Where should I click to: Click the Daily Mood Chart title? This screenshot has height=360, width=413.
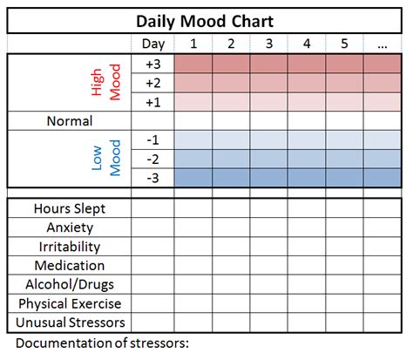coord(207,21)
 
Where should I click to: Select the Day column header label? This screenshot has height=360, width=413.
coord(152,44)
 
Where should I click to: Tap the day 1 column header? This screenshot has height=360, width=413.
coord(193,44)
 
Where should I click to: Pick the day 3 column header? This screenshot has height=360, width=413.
coord(268,44)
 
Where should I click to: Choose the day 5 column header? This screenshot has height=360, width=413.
coord(343,44)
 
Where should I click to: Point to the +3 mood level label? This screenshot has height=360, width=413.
coord(152,64)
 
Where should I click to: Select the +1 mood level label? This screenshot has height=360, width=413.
coord(152,102)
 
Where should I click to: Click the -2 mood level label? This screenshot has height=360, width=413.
coord(152,159)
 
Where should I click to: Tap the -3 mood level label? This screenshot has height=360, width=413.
coord(152,178)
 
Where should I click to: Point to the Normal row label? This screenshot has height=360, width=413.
coord(70,121)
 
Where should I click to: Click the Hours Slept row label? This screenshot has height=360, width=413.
coord(70,208)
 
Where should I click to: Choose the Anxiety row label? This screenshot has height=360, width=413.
coord(70,228)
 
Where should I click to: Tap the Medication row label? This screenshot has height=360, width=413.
coord(70,265)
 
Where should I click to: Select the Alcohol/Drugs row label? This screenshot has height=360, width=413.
coord(70,284)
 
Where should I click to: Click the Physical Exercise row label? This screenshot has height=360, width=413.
coord(70,303)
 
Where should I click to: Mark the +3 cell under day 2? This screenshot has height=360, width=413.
coord(231,64)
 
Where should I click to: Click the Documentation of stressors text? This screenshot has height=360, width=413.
coord(103,342)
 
